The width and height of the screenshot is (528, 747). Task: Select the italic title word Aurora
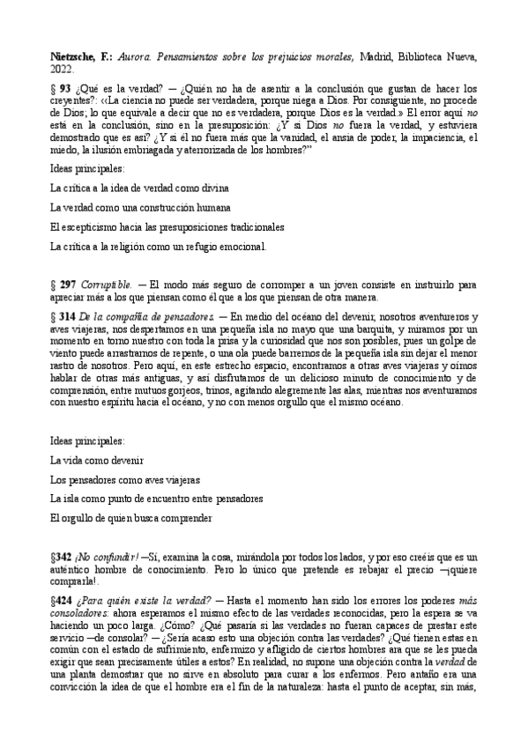[x=135, y=57]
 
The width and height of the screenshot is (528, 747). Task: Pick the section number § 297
[x=64, y=285]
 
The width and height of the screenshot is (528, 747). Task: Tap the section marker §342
[x=63, y=558]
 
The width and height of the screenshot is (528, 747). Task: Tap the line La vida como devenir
[x=97, y=461]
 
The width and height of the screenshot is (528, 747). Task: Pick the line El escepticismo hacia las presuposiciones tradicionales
[x=167, y=226]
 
